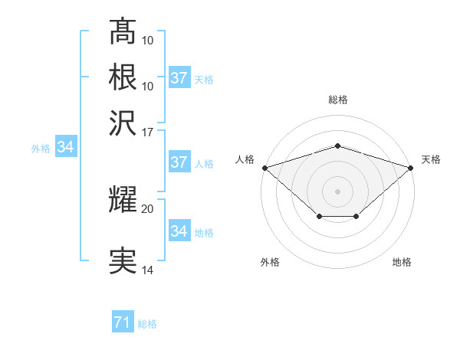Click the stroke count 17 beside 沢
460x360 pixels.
(x=147, y=131)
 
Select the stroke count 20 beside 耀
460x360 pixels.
(x=147, y=208)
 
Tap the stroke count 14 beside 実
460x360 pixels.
(x=147, y=270)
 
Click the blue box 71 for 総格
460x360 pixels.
(x=122, y=323)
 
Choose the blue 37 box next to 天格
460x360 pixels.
(x=179, y=78)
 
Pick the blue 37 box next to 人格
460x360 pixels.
(x=179, y=162)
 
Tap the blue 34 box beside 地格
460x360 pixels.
(x=179, y=231)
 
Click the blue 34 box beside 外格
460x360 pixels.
(x=64, y=148)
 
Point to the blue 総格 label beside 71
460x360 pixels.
(x=147, y=324)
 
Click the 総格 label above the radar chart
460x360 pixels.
(x=337, y=100)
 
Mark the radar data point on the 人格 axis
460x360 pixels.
(x=264, y=167)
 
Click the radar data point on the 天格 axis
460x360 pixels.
(x=411, y=167)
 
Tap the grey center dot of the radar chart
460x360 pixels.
(x=337, y=191)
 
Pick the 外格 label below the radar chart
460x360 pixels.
(x=270, y=262)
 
